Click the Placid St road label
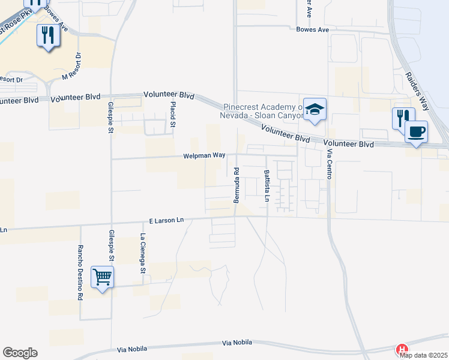[173, 114]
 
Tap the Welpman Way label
[204, 156]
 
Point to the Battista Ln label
[266, 185]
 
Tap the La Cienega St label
[143, 254]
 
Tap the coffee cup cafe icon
[417, 131]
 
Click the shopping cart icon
[102, 277]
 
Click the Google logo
[20, 353]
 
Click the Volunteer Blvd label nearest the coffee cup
[348, 144]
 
